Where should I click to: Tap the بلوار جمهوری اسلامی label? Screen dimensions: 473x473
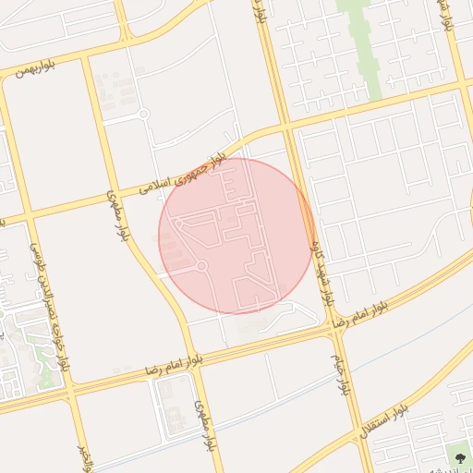click(184, 175)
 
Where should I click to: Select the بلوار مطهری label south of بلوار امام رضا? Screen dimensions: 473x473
click(204, 426)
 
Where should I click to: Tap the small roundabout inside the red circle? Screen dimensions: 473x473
click(201, 267)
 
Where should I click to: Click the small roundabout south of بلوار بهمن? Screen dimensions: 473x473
click(143, 114)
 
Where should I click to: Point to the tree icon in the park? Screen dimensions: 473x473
click(456, 453)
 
